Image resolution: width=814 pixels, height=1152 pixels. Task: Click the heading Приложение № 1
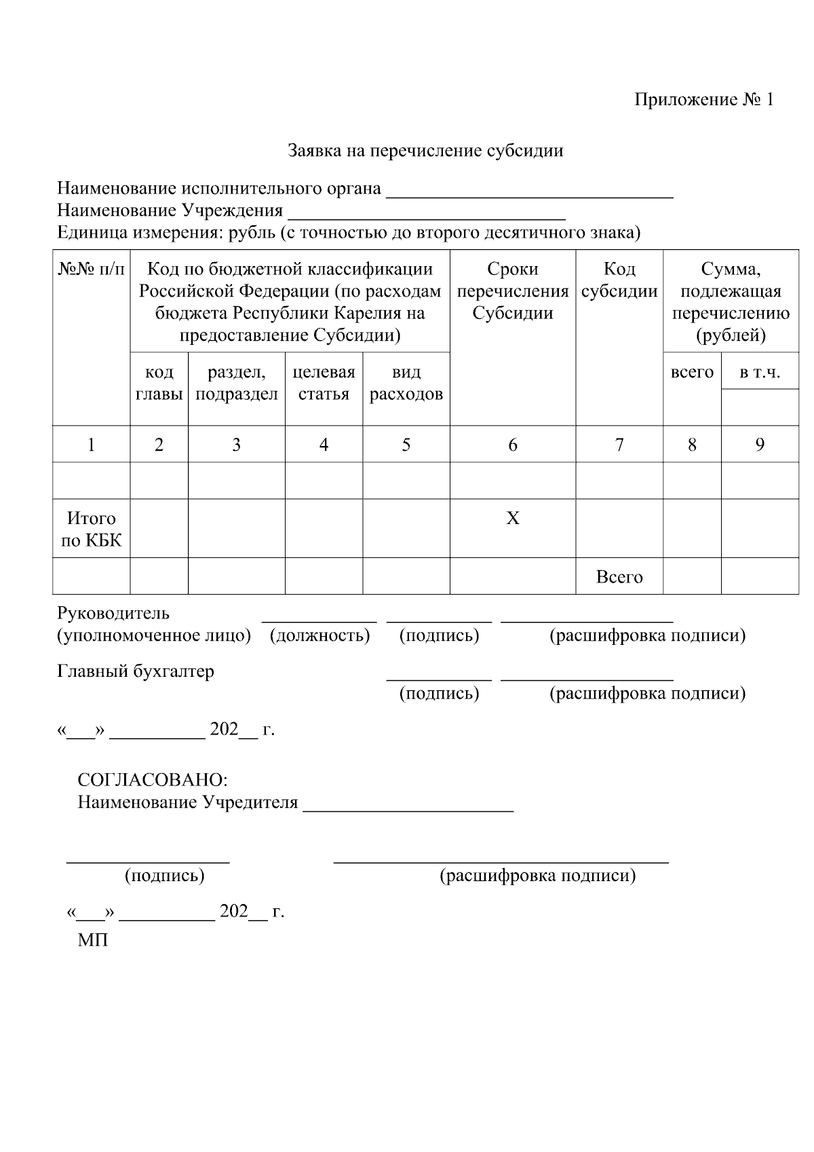click(703, 100)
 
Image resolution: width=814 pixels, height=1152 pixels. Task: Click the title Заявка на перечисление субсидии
click(425, 150)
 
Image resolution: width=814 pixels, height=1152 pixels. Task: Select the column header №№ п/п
click(91, 270)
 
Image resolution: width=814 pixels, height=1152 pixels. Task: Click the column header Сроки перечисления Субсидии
click(512, 291)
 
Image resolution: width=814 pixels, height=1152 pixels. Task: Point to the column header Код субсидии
click(619, 280)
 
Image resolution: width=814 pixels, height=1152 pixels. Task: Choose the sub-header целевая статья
click(324, 383)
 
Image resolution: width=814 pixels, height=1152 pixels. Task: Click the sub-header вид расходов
click(406, 383)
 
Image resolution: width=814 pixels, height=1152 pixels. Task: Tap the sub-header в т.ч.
click(759, 372)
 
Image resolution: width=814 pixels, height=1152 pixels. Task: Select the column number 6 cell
click(512, 445)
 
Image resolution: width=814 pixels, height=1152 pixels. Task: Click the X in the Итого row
click(512, 519)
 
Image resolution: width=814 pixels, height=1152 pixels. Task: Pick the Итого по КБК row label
click(91, 529)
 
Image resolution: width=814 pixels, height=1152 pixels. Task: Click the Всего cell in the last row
click(619, 577)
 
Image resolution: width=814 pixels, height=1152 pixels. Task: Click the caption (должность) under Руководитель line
click(319, 635)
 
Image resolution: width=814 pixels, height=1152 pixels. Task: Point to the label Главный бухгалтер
click(135, 671)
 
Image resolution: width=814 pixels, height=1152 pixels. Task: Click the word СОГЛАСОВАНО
click(152, 779)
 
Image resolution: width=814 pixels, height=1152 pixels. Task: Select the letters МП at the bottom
click(92, 941)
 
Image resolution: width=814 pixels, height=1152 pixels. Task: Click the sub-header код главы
click(159, 383)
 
